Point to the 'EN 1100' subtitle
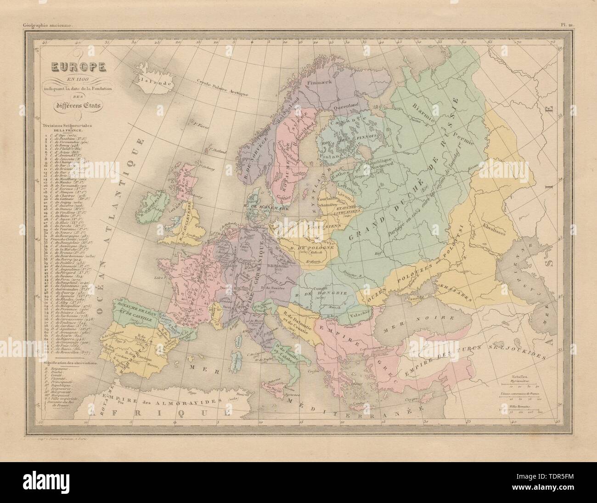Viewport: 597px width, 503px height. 73,81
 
